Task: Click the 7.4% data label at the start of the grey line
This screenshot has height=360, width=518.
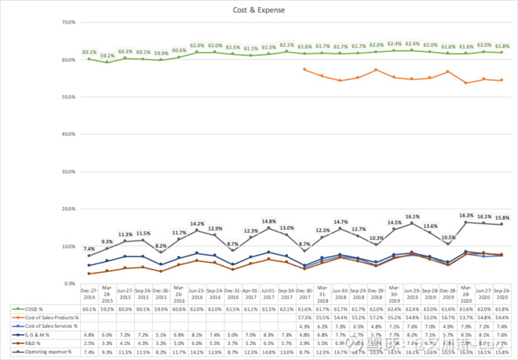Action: pyautogui.click(x=89, y=248)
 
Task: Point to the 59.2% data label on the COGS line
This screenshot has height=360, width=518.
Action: pyautogui.click(x=108, y=56)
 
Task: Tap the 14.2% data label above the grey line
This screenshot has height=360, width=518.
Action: pyautogui.click(x=197, y=224)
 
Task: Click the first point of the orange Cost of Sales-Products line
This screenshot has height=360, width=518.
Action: pyautogui.click(x=305, y=70)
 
